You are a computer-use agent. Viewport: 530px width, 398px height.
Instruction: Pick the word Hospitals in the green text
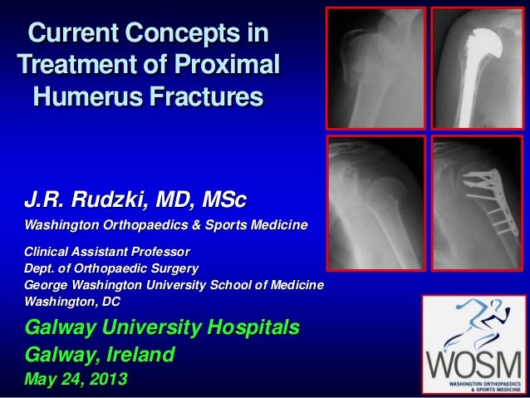pos(249,328)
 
